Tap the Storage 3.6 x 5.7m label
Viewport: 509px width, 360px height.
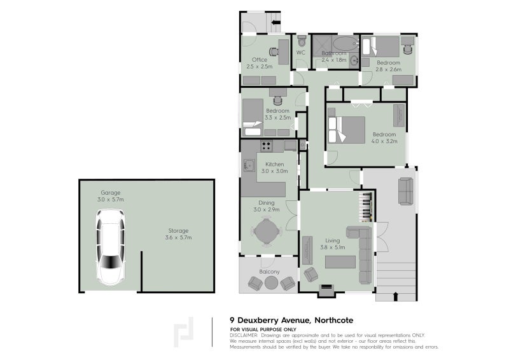tap(178, 234)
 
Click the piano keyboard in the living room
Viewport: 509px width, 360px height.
tap(366, 206)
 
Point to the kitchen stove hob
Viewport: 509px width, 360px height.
tap(267, 146)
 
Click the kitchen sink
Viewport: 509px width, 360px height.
tap(249, 167)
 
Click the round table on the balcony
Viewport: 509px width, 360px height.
tap(272, 284)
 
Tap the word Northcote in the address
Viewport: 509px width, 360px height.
tap(332, 320)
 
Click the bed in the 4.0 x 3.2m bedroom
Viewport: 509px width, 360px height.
tap(346, 129)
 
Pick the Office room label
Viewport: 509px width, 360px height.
tap(259, 60)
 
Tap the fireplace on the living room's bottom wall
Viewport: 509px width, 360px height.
tap(326, 289)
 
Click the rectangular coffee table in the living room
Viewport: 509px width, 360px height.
tap(340, 261)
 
